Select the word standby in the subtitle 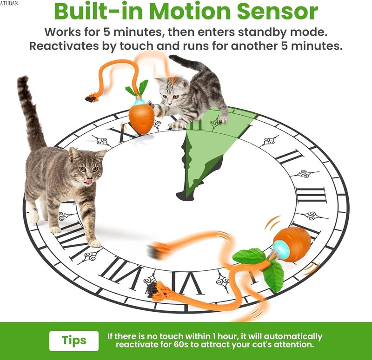click(263, 32)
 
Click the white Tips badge click(74, 341)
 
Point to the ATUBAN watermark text click(9, 3)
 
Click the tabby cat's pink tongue click(89, 181)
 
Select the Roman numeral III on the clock click(311, 195)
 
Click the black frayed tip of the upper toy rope click(91, 98)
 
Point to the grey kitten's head click(170, 91)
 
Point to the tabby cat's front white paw click(95, 243)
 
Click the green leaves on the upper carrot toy click(138, 88)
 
